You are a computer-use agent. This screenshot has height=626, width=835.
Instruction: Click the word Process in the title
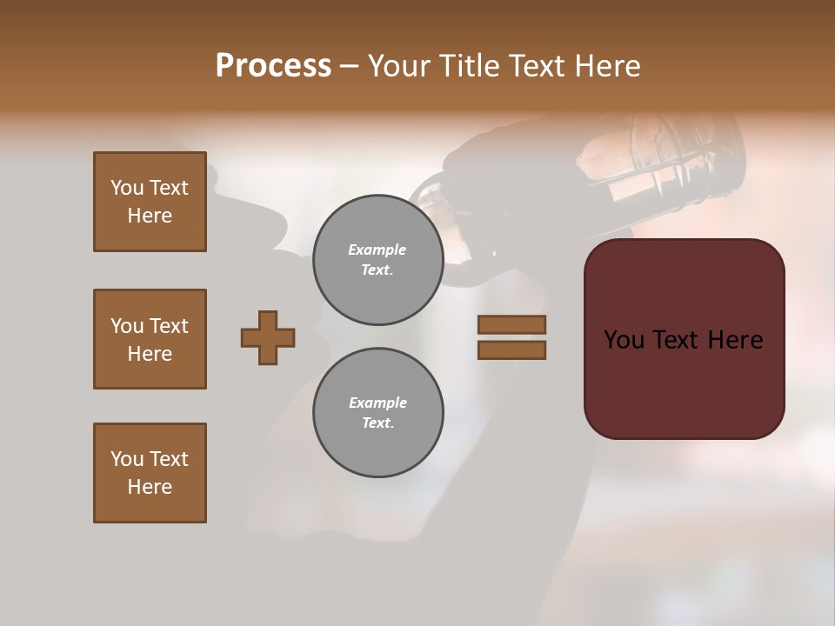[x=273, y=66]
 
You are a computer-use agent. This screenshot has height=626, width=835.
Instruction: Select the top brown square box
[x=150, y=202]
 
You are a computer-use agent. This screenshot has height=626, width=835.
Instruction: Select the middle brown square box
[x=150, y=339]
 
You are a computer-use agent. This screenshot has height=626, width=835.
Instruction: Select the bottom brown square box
[x=150, y=473]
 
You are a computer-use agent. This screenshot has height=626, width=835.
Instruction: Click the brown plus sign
[x=268, y=337]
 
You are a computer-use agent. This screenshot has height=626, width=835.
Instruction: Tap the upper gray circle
[x=377, y=260]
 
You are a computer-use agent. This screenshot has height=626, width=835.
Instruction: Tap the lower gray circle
[x=377, y=413]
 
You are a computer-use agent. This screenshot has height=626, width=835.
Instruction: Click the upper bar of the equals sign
[x=511, y=324]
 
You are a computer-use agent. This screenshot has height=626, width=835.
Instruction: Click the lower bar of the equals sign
[x=511, y=350]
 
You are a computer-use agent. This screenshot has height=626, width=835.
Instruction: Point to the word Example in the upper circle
[x=377, y=250]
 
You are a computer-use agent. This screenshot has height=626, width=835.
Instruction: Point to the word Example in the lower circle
[x=377, y=403]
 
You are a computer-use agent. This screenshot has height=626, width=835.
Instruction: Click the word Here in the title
[x=608, y=66]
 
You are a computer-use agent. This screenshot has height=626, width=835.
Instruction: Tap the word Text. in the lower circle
[x=377, y=423]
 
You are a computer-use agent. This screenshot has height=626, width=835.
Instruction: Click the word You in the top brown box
[x=126, y=188]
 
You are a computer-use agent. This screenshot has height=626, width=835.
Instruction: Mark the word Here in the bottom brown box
[x=150, y=487]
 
